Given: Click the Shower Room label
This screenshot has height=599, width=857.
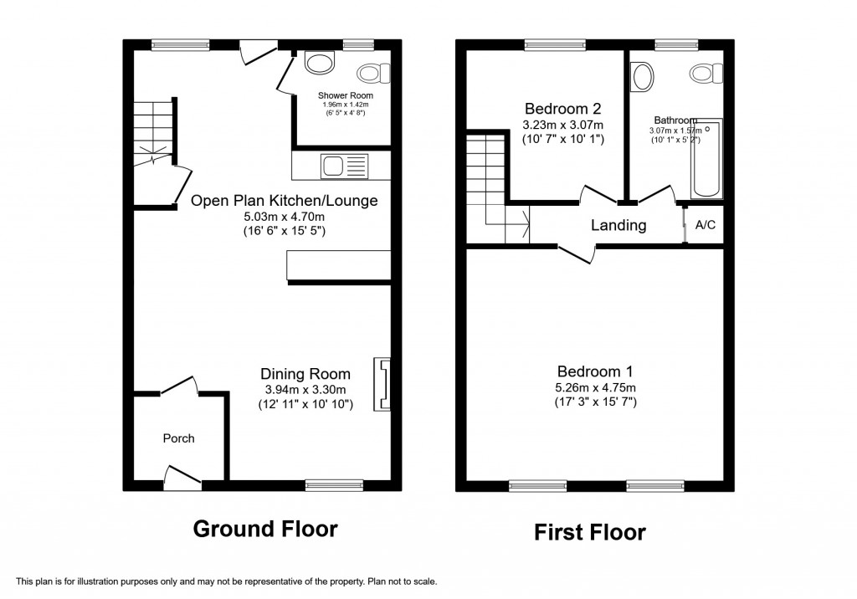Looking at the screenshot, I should [345, 95].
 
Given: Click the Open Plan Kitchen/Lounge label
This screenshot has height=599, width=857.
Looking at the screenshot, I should [284, 201].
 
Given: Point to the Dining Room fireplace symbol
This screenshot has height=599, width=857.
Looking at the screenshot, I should [383, 384].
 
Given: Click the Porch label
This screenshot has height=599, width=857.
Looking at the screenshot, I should [178, 438].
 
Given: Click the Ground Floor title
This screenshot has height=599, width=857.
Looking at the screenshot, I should [265, 529].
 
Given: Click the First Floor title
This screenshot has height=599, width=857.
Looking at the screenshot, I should [591, 531].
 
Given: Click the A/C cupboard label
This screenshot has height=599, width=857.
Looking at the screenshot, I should [706, 226].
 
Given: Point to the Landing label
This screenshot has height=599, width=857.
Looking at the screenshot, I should [618, 225].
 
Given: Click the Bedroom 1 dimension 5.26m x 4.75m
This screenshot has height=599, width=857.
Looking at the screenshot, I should [595, 387].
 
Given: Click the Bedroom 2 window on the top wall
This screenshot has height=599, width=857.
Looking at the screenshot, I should [555, 44].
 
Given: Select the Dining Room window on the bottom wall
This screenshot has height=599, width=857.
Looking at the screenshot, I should [334, 484].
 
